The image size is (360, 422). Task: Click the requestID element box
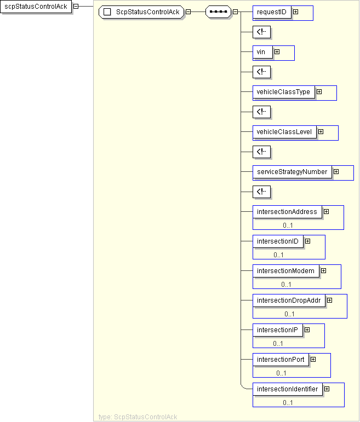[272, 12]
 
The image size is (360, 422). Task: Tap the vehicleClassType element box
[283, 92]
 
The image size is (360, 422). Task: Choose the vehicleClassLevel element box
[284, 132]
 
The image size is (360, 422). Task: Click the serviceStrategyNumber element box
[292, 172]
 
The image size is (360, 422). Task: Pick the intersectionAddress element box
[287, 212]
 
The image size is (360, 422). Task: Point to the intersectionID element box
[277, 241]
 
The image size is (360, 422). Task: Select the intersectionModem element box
[285, 271]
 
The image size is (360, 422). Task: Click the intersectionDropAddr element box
[288, 300]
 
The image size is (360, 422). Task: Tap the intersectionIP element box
[277, 330]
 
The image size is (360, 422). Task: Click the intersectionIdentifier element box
[287, 389]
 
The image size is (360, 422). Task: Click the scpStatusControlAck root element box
[35, 7]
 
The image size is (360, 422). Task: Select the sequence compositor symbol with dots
[218, 12]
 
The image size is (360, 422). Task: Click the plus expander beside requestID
[295, 11]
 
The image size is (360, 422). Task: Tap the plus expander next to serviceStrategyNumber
[336, 172]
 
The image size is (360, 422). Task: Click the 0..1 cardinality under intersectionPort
[281, 373]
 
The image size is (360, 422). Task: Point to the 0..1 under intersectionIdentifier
[288, 403]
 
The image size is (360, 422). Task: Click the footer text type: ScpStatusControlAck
[138, 417]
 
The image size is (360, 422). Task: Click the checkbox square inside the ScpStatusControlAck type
[107, 12]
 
